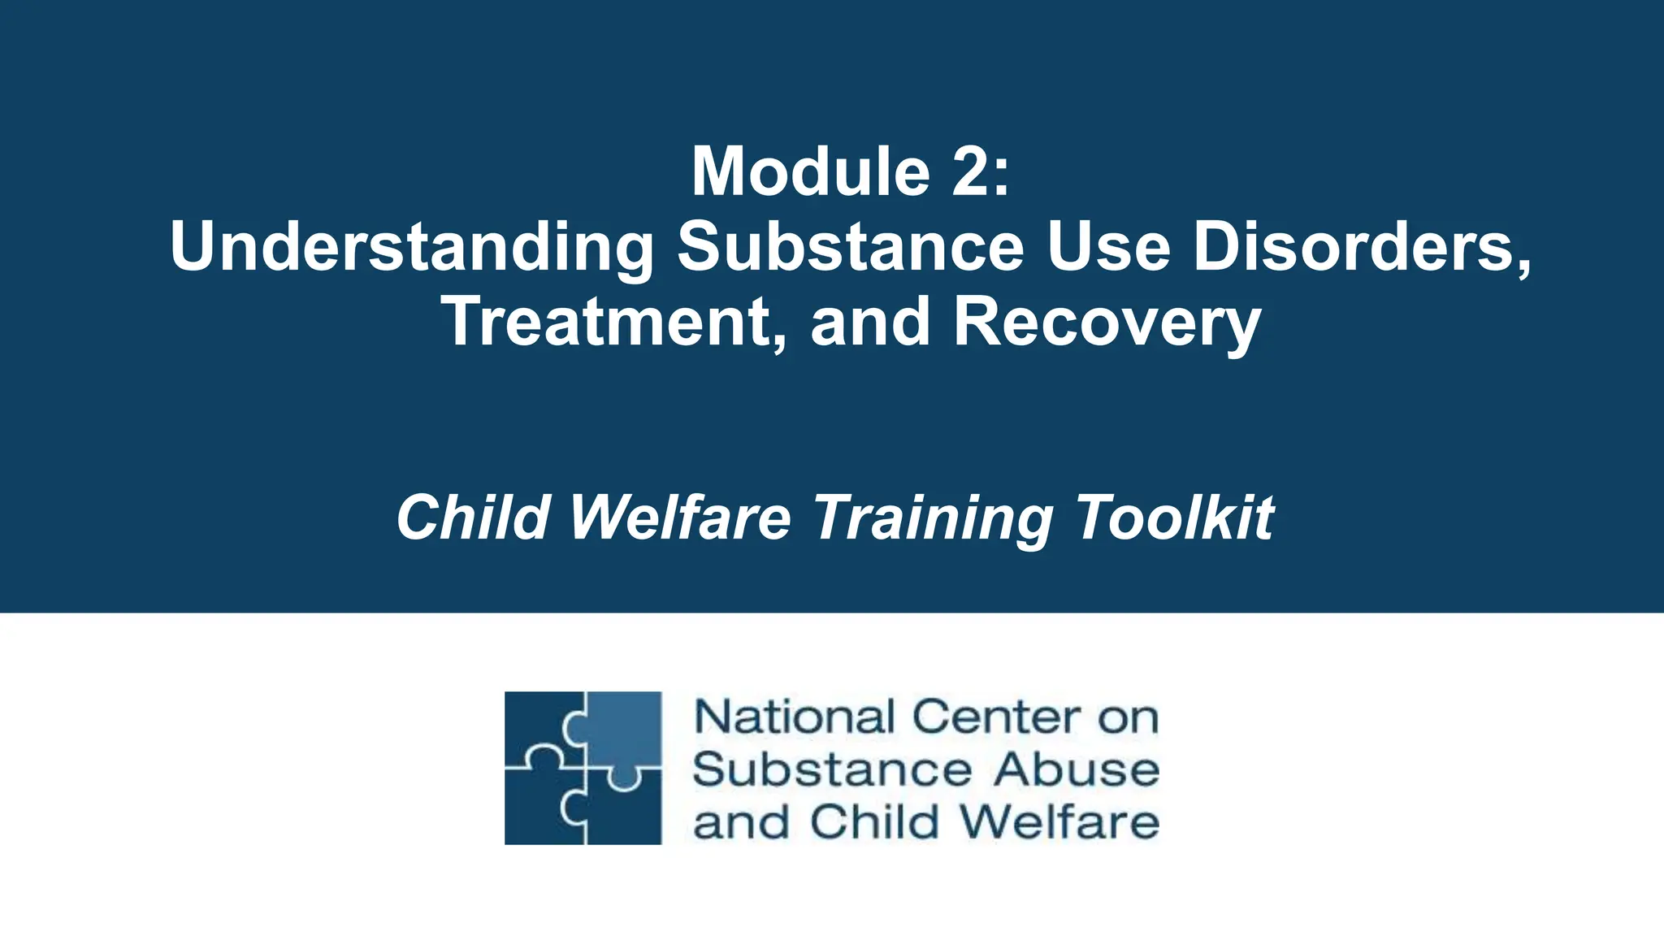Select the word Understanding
point(411,248)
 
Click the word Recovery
point(1107,323)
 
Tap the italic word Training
point(933,518)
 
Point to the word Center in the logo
point(996,717)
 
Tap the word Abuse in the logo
point(1076,769)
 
